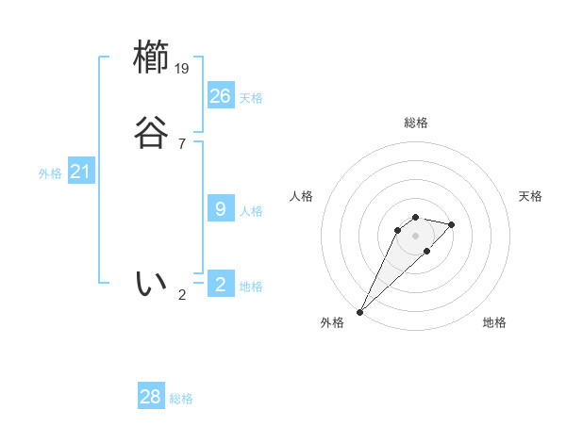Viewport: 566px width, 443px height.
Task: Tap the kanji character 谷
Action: (151, 133)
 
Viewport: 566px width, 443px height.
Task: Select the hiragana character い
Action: (151, 283)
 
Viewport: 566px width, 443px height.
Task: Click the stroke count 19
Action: (183, 68)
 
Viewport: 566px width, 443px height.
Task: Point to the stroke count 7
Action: (182, 143)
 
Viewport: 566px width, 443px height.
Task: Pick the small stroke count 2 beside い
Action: (182, 294)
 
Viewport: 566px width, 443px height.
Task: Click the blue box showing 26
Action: (221, 95)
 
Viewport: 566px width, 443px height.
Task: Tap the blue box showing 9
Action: (221, 208)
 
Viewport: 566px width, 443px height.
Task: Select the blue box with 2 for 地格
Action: (221, 284)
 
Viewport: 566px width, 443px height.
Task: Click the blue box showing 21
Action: (80, 172)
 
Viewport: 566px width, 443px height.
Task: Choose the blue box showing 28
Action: (151, 397)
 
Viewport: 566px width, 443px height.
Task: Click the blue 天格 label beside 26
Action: (251, 98)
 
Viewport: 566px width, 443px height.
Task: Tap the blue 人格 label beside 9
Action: (251, 211)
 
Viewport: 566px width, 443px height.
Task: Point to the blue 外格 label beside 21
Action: (50, 173)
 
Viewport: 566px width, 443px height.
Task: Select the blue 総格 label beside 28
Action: (181, 400)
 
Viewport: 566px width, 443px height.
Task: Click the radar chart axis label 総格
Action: (416, 123)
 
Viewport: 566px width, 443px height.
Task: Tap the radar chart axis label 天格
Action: (530, 196)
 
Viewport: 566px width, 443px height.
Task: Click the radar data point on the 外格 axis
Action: (359, 311)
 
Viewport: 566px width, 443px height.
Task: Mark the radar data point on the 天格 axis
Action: (452, 224)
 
